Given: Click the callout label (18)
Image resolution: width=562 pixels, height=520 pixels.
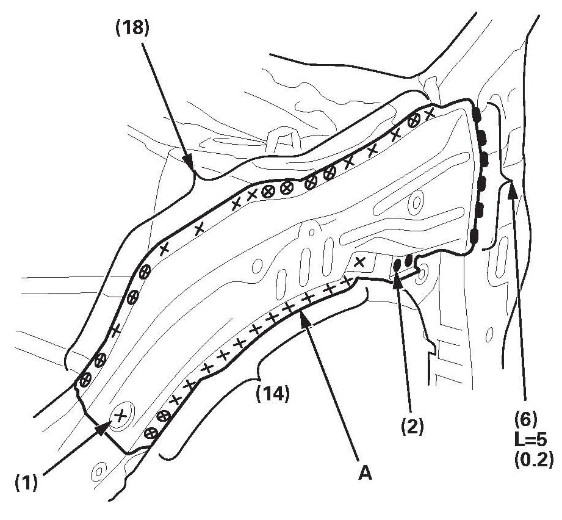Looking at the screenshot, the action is (132, 28).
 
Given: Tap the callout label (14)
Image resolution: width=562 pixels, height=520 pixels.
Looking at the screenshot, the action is (272, 394).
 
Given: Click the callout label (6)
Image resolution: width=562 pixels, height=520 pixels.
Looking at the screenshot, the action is (525, 420).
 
